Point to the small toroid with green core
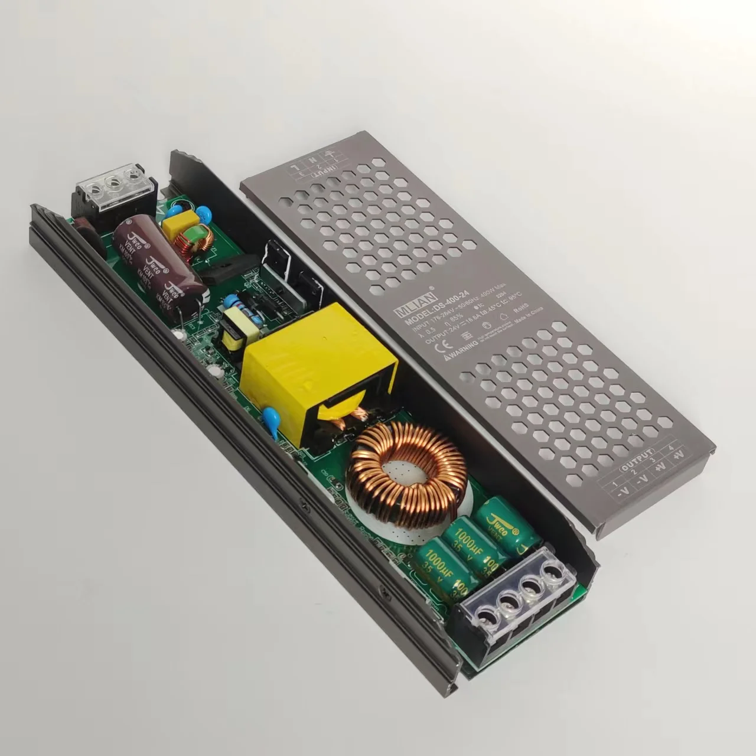pos(194,242)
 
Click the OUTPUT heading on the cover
pos(636,463)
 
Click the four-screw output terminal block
pos(519,597)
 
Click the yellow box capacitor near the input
pos(175,224)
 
